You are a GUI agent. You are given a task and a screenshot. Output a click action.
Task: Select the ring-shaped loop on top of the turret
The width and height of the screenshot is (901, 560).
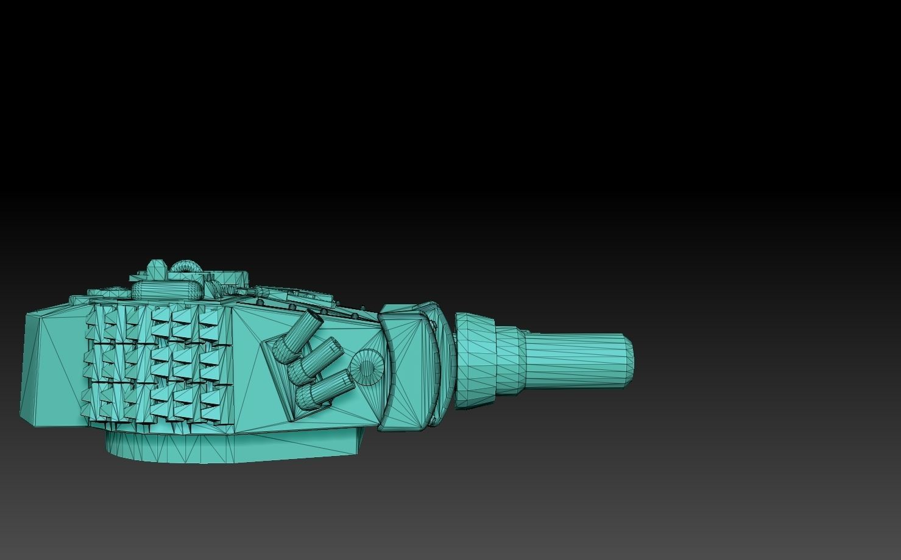185,268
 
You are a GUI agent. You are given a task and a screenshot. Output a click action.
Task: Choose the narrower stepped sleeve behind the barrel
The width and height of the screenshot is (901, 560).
509,360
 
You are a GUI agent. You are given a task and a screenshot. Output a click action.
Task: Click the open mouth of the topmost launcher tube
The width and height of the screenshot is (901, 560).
316,318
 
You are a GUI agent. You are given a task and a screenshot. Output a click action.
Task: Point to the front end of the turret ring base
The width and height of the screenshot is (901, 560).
356,441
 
